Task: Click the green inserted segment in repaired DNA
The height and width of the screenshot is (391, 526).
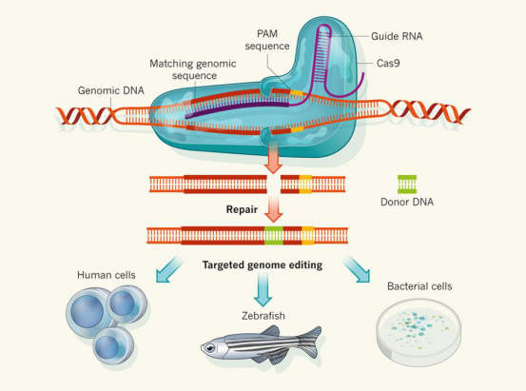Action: (x=274, y=233)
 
